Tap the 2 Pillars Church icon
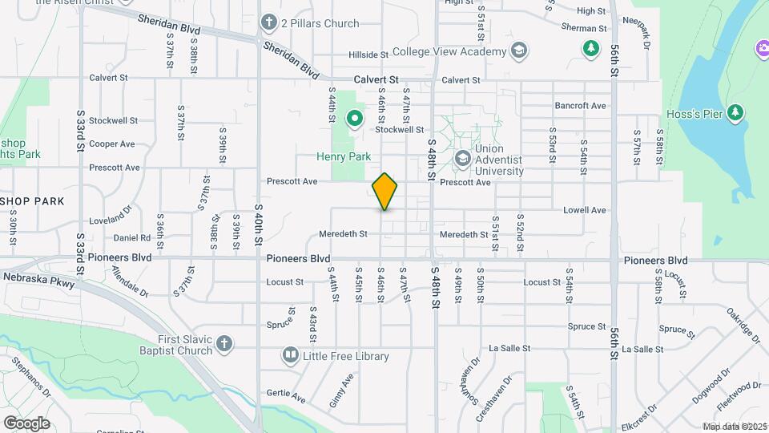(269, 23)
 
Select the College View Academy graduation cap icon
(518, 51)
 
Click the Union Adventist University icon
(462, 159)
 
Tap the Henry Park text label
(344, 157)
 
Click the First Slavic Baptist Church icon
(224, 344)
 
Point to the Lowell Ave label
(585, 210)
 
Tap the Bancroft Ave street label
(580, 106)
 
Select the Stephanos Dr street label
(30, 382)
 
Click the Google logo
(26, 423)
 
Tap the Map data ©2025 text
(735, 427)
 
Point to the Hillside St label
(368, 55)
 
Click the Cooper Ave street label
(112, 144)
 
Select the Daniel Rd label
(131, 238)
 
